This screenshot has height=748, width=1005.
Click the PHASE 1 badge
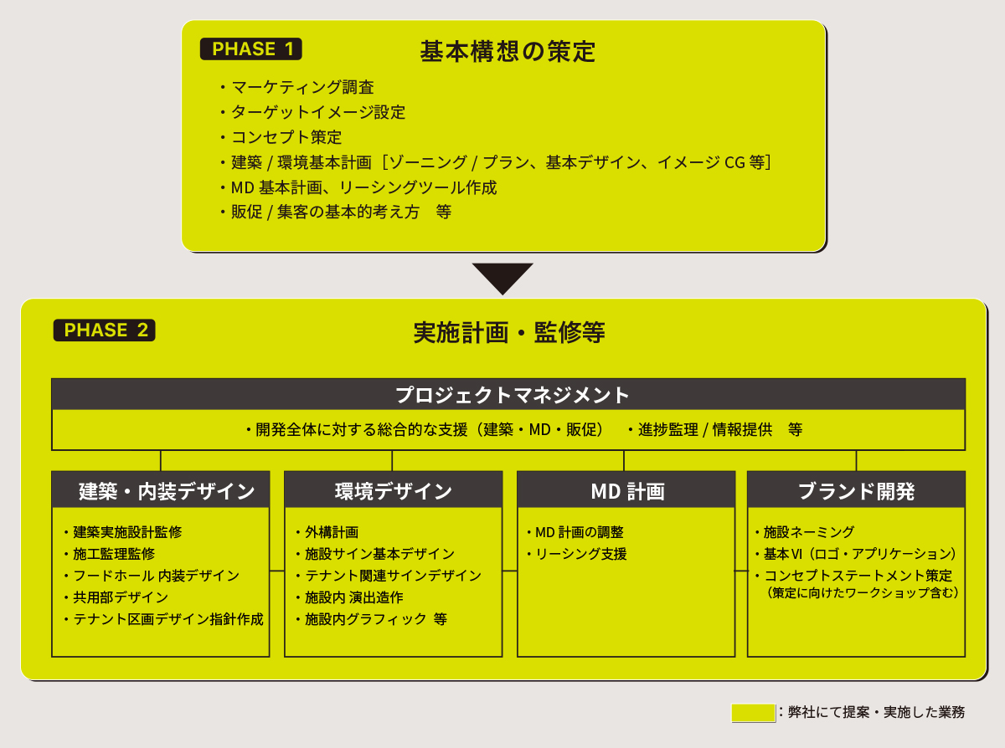point(251,49)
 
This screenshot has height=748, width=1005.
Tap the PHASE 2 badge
point(104,330)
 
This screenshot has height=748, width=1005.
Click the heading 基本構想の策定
point(508,51)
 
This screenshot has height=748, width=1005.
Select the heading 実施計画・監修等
point(509,332)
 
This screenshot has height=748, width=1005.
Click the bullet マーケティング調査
point(297,87)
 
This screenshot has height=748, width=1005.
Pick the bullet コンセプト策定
point(281,137)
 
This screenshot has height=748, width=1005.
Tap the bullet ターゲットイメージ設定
point(312,112)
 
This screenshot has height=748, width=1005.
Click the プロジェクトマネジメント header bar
point(508,394)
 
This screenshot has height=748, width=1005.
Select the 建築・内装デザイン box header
point(161,490)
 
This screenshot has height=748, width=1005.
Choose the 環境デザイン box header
point(394,490)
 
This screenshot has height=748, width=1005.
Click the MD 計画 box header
point(626,490)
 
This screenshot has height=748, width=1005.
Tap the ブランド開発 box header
point(857,490)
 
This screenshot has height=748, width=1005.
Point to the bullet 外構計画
point(327,532)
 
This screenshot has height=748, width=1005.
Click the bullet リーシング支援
point(577,554)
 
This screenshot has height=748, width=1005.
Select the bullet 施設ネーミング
point(805,532)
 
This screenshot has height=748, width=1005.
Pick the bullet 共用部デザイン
point(116,597)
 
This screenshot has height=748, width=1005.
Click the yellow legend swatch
point(753,713)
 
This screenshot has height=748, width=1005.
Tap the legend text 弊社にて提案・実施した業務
point(876,712)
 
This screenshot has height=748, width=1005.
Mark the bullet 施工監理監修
point(110,554)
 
